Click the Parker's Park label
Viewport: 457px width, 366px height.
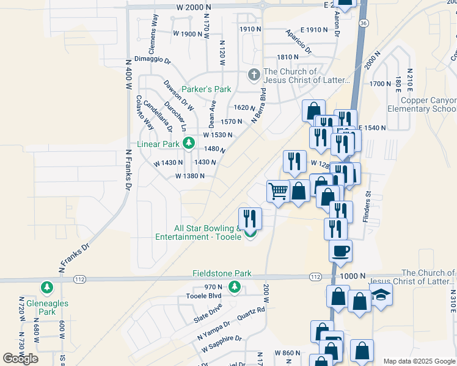point(206,89)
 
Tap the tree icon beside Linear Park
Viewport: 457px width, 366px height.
point(189,144)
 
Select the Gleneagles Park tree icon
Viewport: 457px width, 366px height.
point(46,287)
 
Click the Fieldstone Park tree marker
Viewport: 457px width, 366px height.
point(233,287)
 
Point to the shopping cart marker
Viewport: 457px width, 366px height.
point(278,191)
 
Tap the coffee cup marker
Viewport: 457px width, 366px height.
point(340,250)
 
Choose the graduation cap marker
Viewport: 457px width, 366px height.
point(381,294)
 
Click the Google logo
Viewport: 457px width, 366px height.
point(21,358)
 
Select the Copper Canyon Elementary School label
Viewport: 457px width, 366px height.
point(422,104)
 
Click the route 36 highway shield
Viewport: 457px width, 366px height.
point(364,23)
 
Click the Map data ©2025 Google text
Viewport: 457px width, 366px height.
point(419,361)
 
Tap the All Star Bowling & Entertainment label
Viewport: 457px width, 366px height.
point(199,232)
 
